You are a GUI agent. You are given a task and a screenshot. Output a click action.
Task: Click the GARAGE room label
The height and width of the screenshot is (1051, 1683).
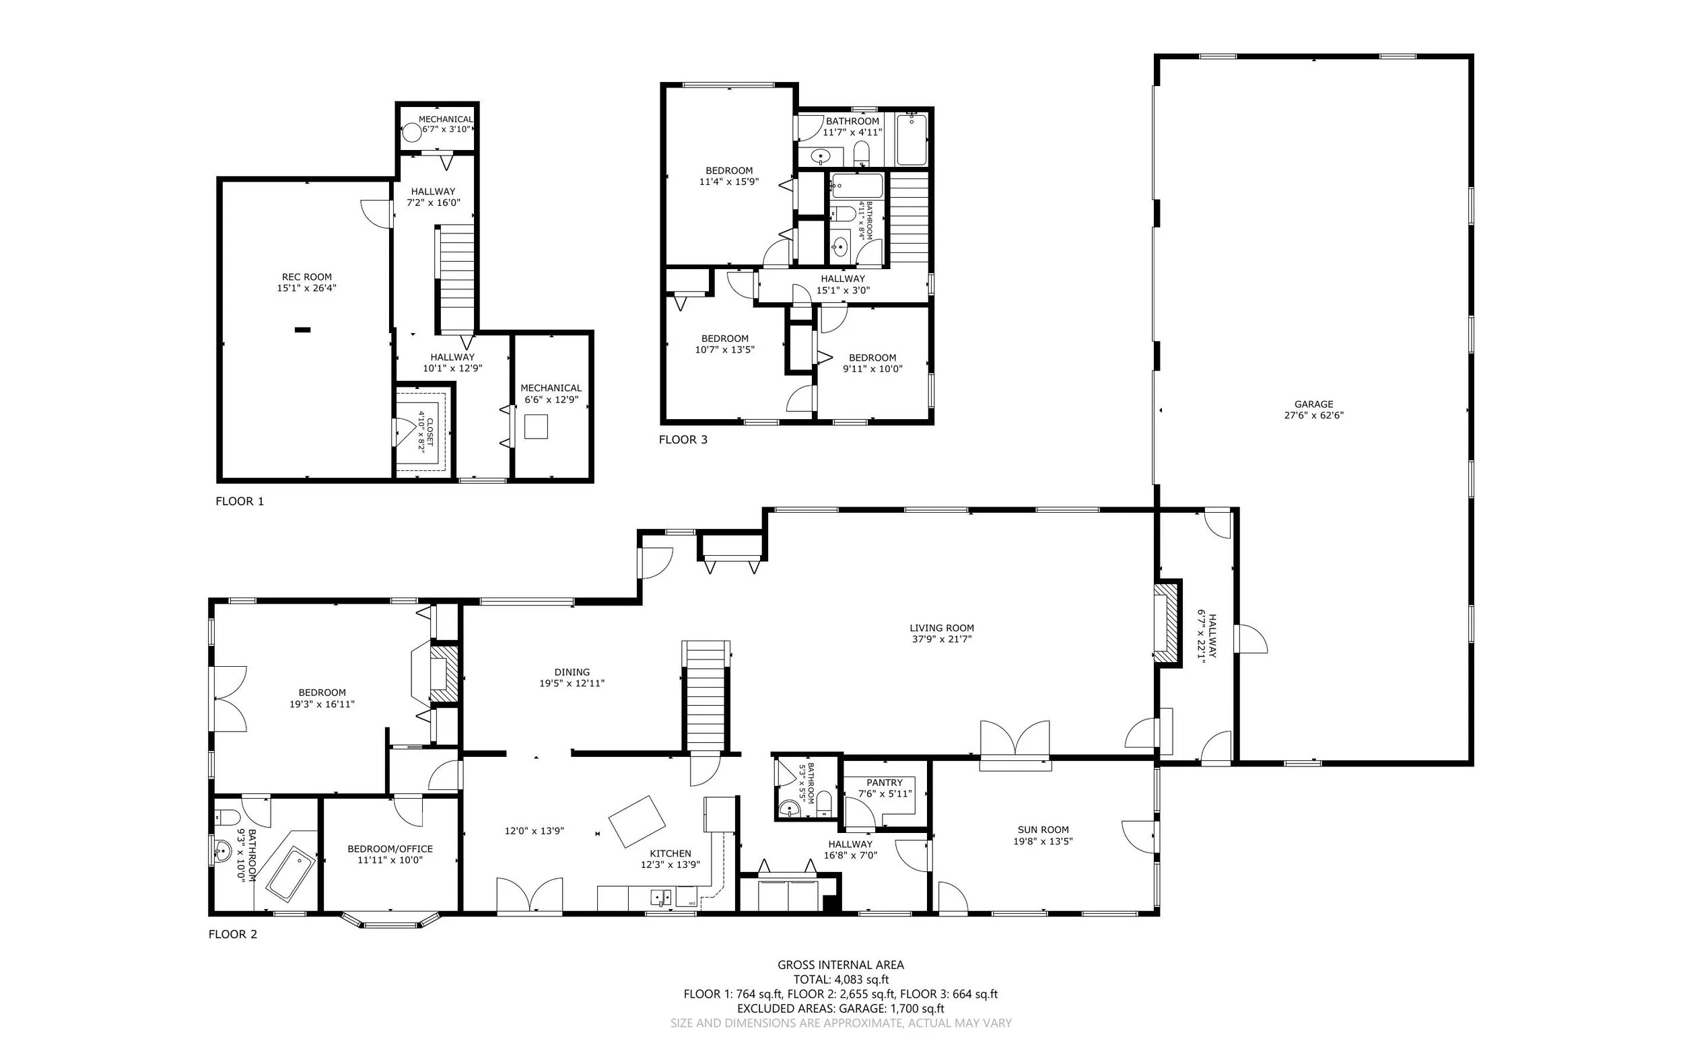(1313, 404)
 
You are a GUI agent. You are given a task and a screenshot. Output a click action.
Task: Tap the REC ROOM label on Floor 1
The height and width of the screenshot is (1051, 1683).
(307, 277)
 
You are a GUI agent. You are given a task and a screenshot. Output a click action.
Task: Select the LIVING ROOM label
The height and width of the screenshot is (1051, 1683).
(942, 628)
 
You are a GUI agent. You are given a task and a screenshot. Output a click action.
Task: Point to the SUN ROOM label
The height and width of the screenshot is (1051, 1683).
(1043, 829)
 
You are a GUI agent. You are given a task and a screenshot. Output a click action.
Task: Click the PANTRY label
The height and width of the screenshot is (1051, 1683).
(885, 783)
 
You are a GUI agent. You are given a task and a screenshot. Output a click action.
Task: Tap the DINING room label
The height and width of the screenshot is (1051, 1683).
(572, 672)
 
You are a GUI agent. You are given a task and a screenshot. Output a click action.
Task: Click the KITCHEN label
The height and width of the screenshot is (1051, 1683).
(671, 854)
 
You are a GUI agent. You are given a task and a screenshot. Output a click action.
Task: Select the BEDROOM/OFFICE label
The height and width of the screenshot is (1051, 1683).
(390, 848)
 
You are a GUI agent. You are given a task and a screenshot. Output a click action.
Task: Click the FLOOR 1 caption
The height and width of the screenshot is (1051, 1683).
(240, 501)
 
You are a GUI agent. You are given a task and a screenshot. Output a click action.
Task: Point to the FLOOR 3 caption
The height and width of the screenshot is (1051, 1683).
(683, 439)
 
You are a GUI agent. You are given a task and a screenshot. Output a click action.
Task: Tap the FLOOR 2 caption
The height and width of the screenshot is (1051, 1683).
(233, 934)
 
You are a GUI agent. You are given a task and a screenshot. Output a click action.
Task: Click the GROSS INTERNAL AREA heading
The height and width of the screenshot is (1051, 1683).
(841, 965)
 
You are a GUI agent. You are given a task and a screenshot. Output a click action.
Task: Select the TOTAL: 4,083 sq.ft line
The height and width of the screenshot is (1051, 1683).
(841, 980)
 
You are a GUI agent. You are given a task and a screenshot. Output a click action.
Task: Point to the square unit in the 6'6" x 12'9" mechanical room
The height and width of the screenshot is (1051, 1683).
(535, 426)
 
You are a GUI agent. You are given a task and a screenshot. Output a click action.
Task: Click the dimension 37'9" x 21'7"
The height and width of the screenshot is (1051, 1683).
(942, 639)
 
